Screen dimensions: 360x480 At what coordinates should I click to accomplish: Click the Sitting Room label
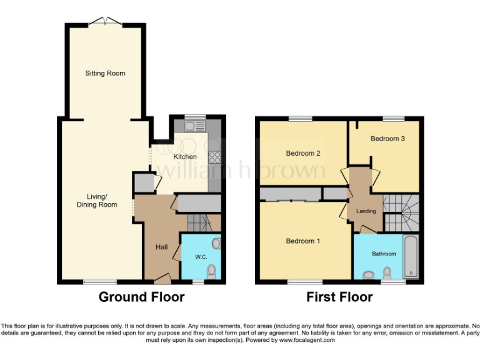105,73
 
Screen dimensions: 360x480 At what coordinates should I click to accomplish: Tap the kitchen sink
191,126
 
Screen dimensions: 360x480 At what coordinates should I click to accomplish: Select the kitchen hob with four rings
214,157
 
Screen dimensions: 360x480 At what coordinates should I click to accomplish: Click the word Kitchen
185,156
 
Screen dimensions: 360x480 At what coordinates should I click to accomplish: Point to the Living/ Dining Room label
97,201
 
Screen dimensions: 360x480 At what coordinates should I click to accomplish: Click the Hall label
161,247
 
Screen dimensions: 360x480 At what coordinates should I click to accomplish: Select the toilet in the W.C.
211,271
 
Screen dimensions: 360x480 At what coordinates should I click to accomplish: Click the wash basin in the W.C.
216,243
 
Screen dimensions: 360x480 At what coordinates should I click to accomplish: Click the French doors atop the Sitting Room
105,22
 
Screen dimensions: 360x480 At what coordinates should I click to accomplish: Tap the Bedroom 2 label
303,153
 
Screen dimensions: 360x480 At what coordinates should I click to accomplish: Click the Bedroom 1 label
303,241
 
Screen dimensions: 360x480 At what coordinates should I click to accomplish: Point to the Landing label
366,211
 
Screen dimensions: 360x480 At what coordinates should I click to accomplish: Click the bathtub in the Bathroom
411,257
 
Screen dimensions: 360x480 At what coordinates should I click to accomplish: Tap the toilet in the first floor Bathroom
387,272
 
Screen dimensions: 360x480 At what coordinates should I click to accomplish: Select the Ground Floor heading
141,297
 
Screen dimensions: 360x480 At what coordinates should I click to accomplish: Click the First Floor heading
339,297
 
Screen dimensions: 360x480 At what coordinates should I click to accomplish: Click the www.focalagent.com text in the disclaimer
307,341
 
